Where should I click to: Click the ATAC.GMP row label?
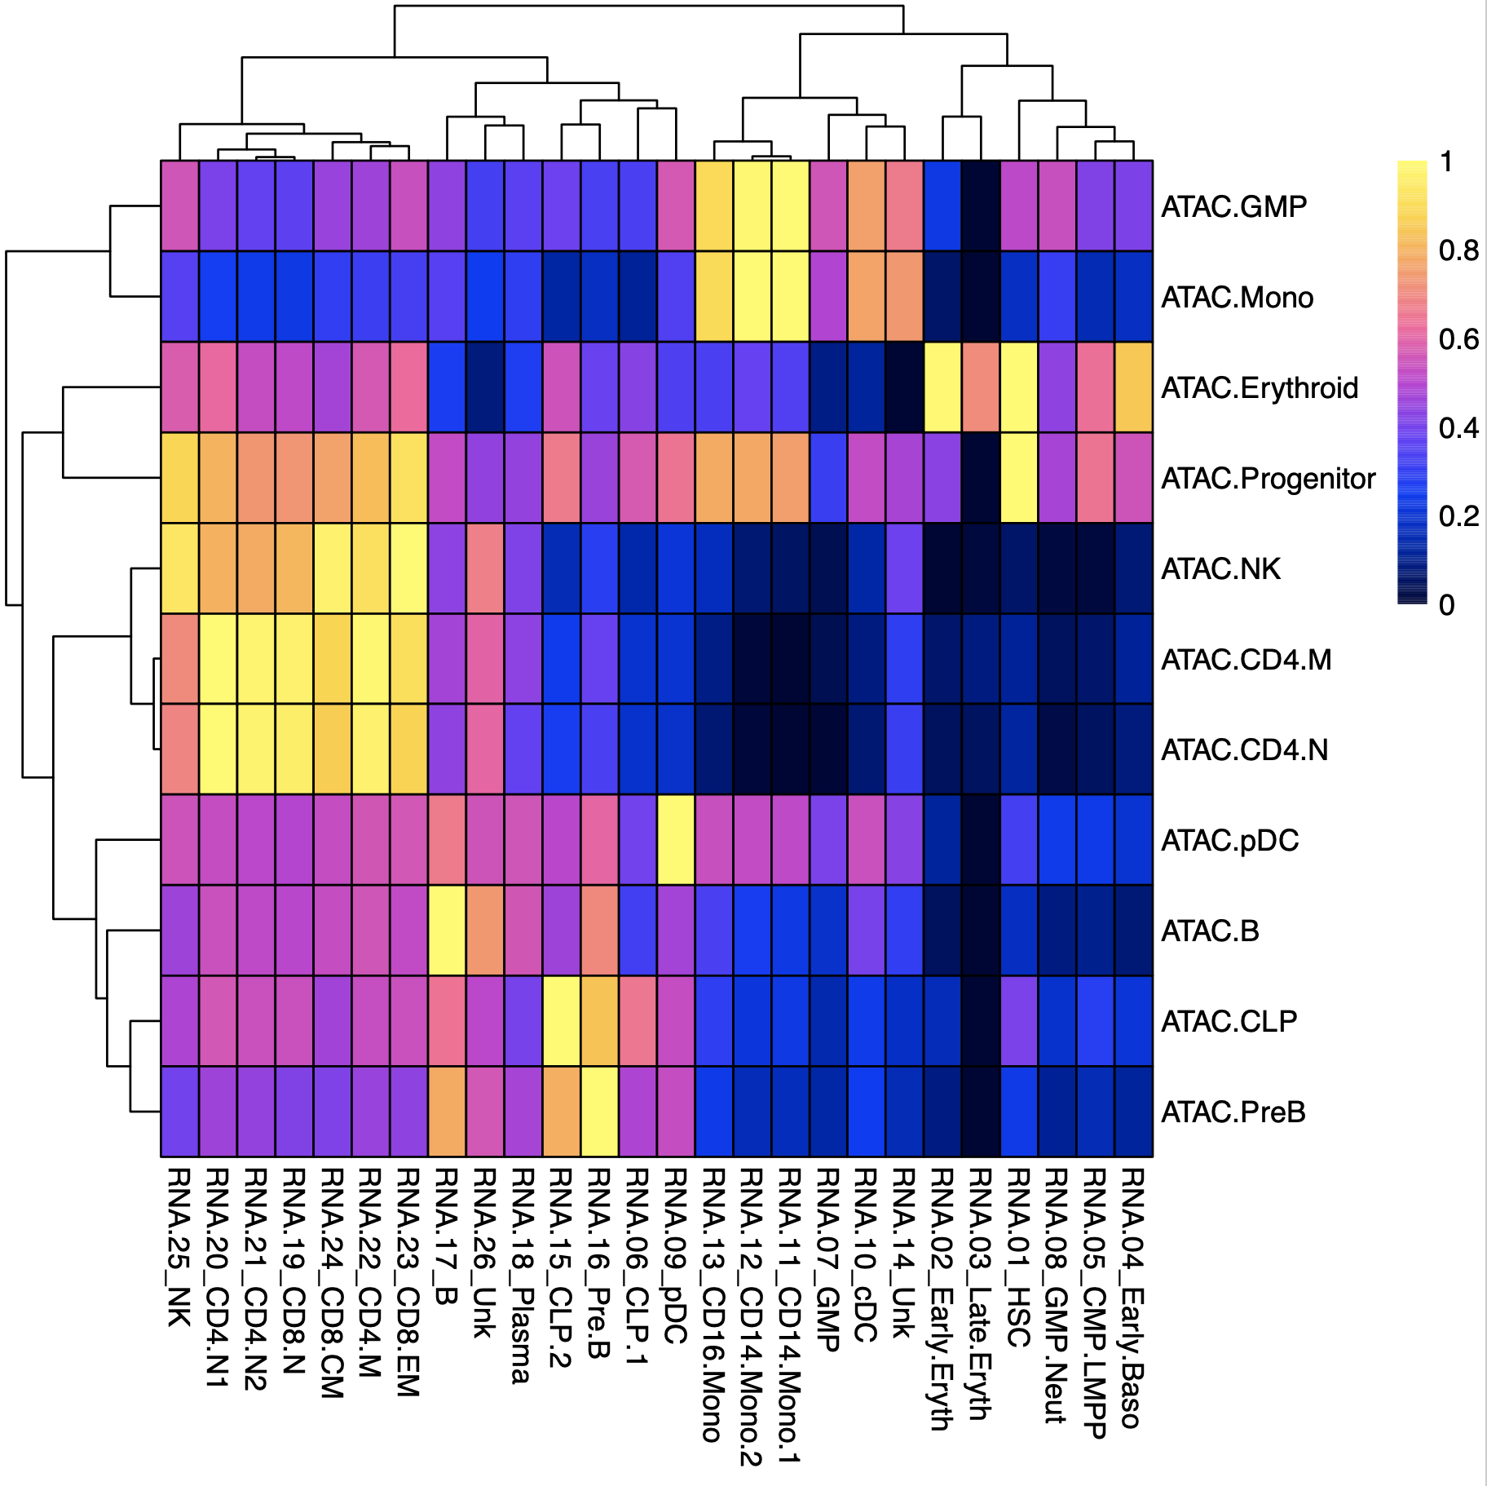(1233, 207)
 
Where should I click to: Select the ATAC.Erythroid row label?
(1259, 388)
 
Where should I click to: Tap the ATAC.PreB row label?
(1233, 1112)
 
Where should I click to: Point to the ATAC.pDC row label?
(1229, 841)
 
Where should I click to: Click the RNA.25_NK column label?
(179, 1247)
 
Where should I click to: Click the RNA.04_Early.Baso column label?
(1133, 1298)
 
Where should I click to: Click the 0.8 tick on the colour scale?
(1458, 251)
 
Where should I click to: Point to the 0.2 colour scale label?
(1458, 516)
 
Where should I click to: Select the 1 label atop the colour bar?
(1446, 162)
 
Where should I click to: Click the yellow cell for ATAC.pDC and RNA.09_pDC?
(676, 840)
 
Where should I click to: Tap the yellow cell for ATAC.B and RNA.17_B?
(447, 931)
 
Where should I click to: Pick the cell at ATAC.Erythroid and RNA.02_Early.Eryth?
(942, 387)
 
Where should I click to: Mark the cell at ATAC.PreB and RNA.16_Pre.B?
(599, 1112)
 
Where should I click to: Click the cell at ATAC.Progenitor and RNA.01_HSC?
(1019, 478)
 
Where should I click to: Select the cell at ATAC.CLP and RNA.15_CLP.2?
(561, 1021)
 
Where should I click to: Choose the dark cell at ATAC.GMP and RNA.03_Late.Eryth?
(981, 206)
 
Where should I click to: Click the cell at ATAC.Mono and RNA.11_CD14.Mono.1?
(790, 297)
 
